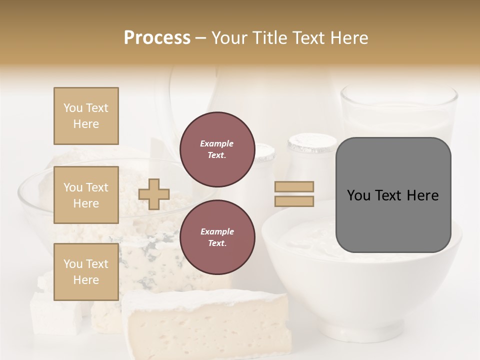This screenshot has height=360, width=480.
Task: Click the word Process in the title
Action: [157, 38]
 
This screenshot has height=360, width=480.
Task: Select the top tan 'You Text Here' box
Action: [86, 116]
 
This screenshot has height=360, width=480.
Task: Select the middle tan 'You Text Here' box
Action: [86, 195]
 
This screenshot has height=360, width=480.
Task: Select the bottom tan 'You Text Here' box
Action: [86, 272]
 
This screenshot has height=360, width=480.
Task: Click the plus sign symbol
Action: [154, 194]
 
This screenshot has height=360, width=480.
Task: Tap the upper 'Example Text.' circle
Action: [217, 149]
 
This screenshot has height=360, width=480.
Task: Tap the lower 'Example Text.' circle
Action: [217, 237]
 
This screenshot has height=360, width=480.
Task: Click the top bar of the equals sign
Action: [294, 186]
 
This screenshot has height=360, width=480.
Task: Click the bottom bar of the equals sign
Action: [294, 201]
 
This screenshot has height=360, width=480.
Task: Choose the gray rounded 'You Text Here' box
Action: [393, 195]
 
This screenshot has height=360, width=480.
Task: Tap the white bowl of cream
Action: [360, 290]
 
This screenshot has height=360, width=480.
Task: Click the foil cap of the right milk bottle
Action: [312, 143]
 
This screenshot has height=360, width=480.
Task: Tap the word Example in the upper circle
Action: [217, 143]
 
